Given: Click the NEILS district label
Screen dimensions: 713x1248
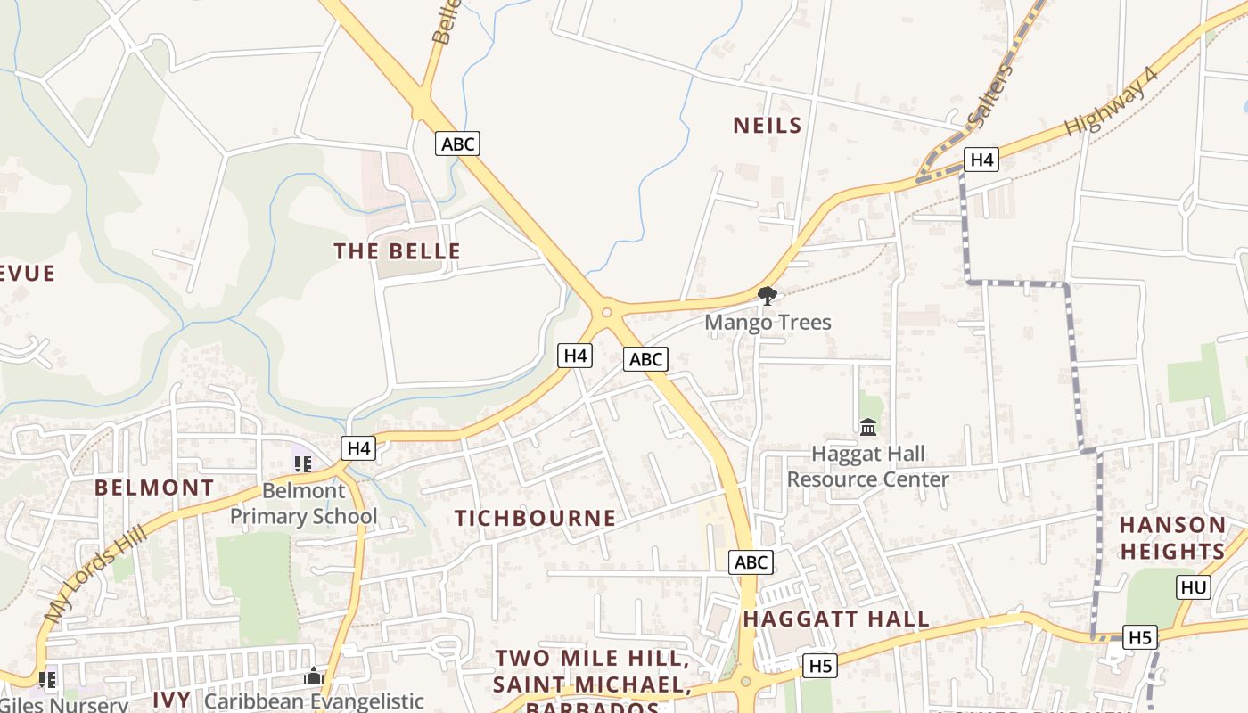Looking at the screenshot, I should [x=767, y=126].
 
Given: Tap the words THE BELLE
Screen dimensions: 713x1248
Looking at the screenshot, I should [x=398, y=251].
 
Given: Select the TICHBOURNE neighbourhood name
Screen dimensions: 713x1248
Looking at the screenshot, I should [x=535, y=518].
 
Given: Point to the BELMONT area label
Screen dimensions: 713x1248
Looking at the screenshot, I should [x=154, y=488].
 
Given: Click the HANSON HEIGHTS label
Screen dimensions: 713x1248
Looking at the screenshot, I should [x=1172, y=537].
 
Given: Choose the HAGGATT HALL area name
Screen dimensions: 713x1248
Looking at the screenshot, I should [x=835, y=619].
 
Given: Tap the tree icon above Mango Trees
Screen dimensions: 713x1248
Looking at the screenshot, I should [x=767, y=295].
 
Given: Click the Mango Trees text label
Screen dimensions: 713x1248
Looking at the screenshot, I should [x=768, y=322].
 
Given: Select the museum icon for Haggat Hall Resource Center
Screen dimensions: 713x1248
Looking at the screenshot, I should [x=868, y=427].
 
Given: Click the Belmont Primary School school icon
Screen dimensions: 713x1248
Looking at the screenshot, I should [x=303, y=463].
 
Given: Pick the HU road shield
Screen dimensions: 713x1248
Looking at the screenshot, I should [x=1194, y=586].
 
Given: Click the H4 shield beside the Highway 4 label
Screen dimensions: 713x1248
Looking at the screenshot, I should [x=981, y=160].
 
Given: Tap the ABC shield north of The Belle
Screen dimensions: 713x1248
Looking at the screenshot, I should [x=457, y=143].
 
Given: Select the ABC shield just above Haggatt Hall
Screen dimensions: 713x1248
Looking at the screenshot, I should [x=751, y=562].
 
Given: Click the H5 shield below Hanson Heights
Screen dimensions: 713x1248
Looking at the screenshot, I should [x=1140, y=637].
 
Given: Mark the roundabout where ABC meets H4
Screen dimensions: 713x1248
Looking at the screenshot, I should [x=606, y=312].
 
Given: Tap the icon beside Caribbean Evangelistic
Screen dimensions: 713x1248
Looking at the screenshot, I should [x=313, y=676].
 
